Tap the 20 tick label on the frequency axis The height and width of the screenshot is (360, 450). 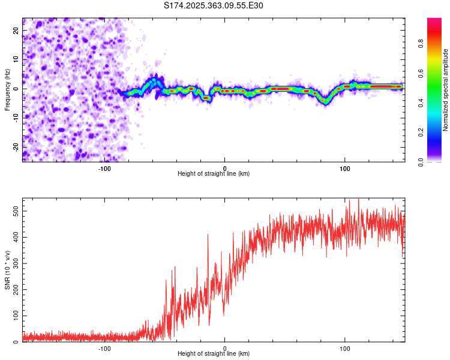point(16,31)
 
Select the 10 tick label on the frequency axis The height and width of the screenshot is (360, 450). point(16,60)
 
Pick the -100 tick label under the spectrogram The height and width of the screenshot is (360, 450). point(104,167)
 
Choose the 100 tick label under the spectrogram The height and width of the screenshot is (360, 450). point(345,167)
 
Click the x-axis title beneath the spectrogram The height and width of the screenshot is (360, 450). point(214,174)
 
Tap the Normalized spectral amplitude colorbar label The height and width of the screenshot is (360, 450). point(445,90)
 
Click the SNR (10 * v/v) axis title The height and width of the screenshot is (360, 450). point(7,270)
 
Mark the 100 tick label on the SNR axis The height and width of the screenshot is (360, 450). point(13,316)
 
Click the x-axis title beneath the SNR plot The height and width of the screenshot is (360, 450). point(214,354)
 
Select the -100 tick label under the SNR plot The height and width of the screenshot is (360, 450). point(104,347)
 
